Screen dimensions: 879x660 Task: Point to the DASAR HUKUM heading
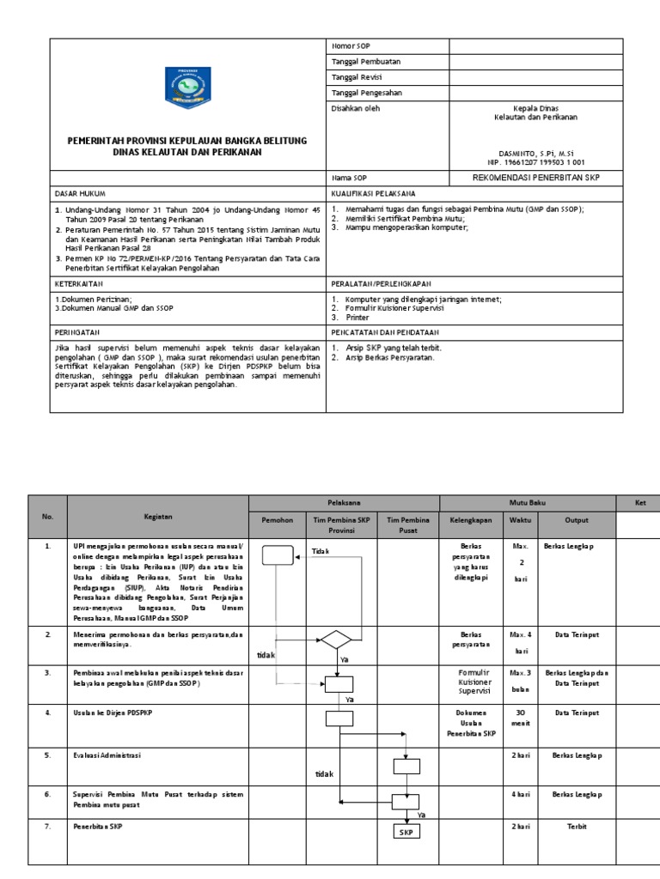pos(80,194)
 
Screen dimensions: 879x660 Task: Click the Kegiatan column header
pos(158,517)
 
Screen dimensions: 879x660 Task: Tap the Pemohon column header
pos(277,520)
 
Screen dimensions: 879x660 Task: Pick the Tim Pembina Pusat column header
pos(406,525)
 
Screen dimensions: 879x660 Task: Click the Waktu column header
pos(520,520)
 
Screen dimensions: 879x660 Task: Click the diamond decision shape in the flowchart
pos(336,640)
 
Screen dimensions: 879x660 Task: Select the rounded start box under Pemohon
pos(277,556)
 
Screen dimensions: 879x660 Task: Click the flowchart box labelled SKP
pos(406,832)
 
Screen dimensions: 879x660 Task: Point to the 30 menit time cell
pos(520,718)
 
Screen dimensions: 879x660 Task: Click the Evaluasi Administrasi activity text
pos(107,755)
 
